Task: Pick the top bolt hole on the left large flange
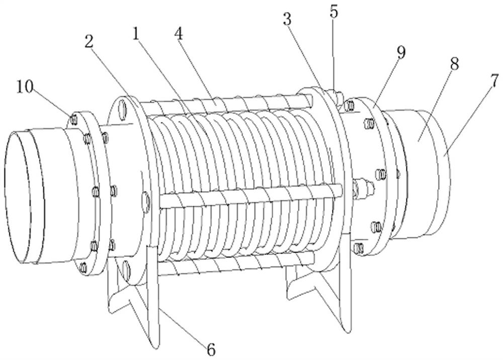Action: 122,109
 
